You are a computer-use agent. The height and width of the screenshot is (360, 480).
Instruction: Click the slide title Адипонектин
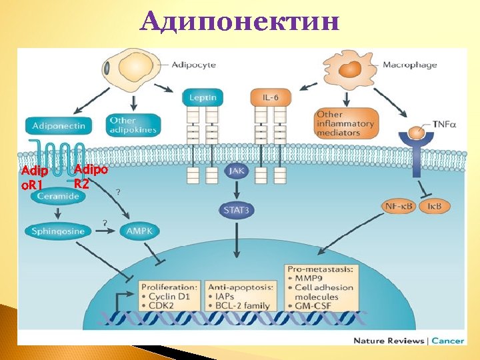240,23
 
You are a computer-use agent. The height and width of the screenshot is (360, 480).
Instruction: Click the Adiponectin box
56,125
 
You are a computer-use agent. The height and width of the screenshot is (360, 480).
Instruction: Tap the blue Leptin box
202,98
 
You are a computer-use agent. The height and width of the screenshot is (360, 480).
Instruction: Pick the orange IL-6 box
270,98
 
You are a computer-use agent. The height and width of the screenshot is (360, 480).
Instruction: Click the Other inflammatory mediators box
345,123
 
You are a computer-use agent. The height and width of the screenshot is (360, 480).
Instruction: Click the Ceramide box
58,196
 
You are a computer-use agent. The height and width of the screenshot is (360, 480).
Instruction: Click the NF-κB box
399,206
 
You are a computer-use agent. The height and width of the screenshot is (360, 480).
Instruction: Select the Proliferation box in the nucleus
169,295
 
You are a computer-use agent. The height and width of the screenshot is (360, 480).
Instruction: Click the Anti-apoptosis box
238,295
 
